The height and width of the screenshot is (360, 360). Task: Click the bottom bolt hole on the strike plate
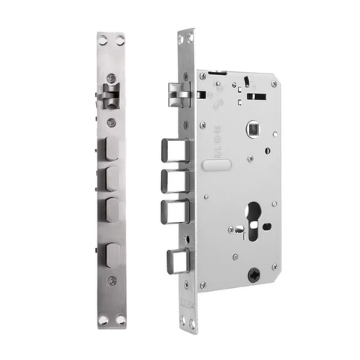point(111,256)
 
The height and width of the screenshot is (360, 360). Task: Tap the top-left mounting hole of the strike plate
point(103,41)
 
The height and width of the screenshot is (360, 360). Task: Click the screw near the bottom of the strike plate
point(112,281)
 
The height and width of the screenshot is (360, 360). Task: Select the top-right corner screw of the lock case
point(273,84)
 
